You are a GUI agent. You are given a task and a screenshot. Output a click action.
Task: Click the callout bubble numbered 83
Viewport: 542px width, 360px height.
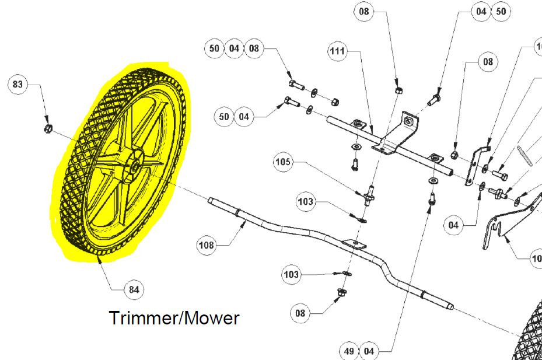(18, 84)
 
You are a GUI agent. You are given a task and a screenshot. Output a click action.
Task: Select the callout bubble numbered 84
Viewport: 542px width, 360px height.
(134, 289)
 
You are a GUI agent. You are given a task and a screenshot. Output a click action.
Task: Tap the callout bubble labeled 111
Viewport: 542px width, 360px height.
(337, 51)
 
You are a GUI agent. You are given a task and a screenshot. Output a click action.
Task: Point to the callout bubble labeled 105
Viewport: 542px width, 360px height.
(283, 162)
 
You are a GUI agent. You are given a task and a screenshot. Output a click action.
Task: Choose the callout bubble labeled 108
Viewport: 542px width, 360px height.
(207, 245)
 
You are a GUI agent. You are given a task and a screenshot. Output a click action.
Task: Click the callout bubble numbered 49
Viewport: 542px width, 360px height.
(349, 351)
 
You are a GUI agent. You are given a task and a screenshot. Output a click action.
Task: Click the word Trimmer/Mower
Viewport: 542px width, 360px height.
(174, 318)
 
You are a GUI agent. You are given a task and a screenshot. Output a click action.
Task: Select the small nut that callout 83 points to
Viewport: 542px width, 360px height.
(48, 128)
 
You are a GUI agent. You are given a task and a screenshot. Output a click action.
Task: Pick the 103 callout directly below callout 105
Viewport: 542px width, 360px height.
(306, 201)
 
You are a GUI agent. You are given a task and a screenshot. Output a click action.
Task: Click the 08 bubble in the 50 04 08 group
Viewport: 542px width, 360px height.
(254, 48)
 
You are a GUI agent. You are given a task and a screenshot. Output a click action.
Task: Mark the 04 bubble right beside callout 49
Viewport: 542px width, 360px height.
(369, 351)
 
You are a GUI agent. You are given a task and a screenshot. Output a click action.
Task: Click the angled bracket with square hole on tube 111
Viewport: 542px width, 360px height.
(397, 135)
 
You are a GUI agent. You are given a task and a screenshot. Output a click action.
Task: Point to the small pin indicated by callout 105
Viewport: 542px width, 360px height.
(369, 195)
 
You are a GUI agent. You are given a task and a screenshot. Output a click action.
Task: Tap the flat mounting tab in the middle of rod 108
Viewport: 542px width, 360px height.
(354, 243)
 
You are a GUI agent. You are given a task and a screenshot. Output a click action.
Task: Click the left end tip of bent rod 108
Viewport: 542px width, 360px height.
(208, 199)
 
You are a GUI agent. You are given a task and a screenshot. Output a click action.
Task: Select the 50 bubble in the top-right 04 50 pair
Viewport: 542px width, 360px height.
(501, 12)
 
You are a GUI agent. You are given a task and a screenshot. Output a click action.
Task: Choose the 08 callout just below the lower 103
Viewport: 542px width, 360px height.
(300, 313)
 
